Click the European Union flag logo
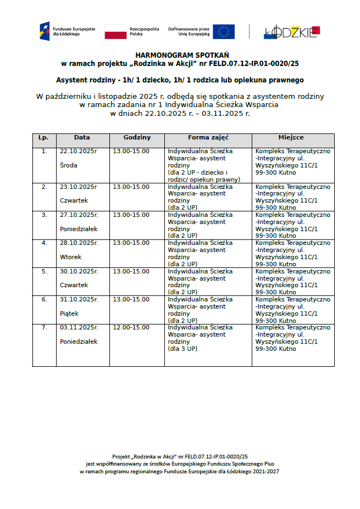224,31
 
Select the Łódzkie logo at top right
291,32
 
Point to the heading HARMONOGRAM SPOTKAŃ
180,55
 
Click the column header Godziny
137,138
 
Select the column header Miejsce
293,138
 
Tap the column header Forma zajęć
208,138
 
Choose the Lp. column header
45,138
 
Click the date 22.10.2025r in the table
78,152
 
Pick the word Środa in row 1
69,165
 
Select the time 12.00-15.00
131,327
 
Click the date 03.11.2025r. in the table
79,327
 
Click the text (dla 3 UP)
182,349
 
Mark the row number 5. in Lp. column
45,271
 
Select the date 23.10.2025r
78,187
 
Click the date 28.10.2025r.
79,243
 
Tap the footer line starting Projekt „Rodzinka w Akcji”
180,456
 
